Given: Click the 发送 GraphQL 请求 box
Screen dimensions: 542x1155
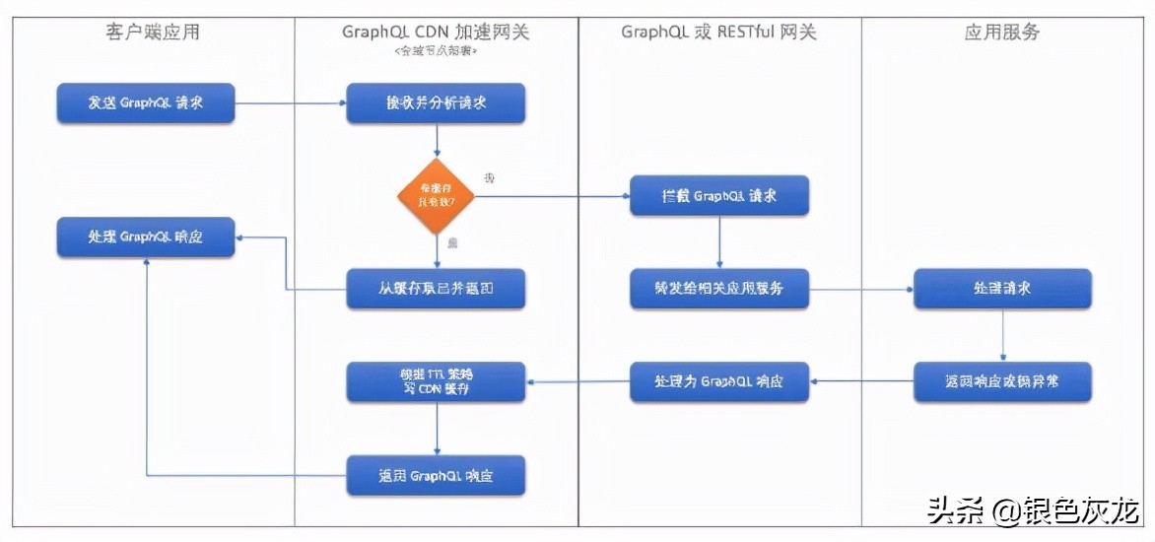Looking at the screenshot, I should point(146,103).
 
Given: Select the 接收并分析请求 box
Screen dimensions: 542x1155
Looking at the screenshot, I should point(436,102).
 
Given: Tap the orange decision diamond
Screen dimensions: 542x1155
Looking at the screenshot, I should point(436,196).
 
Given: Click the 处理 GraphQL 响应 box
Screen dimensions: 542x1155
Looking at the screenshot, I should point(146,237).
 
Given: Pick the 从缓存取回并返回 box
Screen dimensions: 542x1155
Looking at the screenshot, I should point(436,289).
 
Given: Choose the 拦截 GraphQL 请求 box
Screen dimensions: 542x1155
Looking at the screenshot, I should point(719,195).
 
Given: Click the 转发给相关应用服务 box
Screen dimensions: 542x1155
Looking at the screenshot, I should point(719,289).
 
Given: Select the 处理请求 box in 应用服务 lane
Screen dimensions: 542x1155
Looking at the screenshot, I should point(1002,289).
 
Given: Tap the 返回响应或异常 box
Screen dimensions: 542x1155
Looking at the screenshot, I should point(1002,381).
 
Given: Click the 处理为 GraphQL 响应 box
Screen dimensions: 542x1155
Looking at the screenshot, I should point(719,381).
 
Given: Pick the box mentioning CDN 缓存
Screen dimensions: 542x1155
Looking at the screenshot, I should point(436,381).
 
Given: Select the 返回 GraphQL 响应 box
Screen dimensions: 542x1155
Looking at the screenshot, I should point(436,475).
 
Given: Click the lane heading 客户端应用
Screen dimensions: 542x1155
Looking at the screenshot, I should point(153,33).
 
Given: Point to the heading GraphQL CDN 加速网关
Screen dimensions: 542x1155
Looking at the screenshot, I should point(436,33).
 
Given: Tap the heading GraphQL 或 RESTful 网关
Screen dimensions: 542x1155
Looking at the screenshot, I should point(718,33).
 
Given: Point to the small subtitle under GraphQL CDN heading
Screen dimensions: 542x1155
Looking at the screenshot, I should point(436,51).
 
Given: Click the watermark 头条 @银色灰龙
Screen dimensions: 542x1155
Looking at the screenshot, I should point(1033,511).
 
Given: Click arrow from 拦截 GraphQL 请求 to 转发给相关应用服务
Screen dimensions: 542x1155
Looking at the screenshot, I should point(719,241).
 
